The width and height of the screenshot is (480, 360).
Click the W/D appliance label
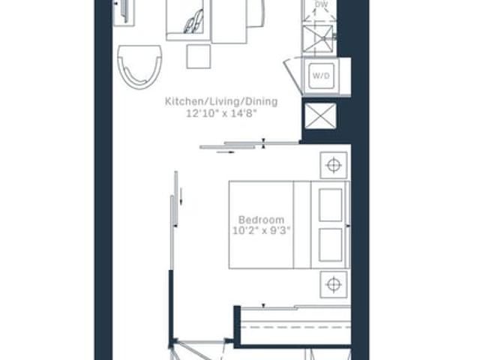coord(321,75)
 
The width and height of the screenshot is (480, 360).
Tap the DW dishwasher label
coord(321,4)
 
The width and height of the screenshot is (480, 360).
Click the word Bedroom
coord(262,220)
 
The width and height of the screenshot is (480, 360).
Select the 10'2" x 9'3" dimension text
coord(261,230)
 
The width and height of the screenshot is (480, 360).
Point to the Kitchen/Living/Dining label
coord(221,101)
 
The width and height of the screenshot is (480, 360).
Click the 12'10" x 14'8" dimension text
coord(221,113)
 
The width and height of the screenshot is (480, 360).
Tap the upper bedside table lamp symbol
coord(334,165)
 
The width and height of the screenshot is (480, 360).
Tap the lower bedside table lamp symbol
coord(334,284)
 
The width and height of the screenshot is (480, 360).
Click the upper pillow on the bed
coord(330,205)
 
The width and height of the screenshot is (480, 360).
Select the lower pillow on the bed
coord(330,244)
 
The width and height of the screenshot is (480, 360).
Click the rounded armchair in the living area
coord(139,67)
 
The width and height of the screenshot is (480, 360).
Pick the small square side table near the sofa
coord(199,56)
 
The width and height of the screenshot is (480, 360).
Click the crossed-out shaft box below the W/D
coord(320,115)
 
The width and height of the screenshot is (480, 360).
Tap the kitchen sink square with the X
coord(318,38)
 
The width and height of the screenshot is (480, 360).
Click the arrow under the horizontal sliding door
coord(226,151)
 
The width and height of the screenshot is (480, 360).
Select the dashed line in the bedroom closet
coord(295,327)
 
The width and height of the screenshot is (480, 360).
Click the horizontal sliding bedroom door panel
coord(250,145)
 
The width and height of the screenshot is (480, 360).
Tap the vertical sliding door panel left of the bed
coord(174,220)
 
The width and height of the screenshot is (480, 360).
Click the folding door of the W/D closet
coord(293,76)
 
